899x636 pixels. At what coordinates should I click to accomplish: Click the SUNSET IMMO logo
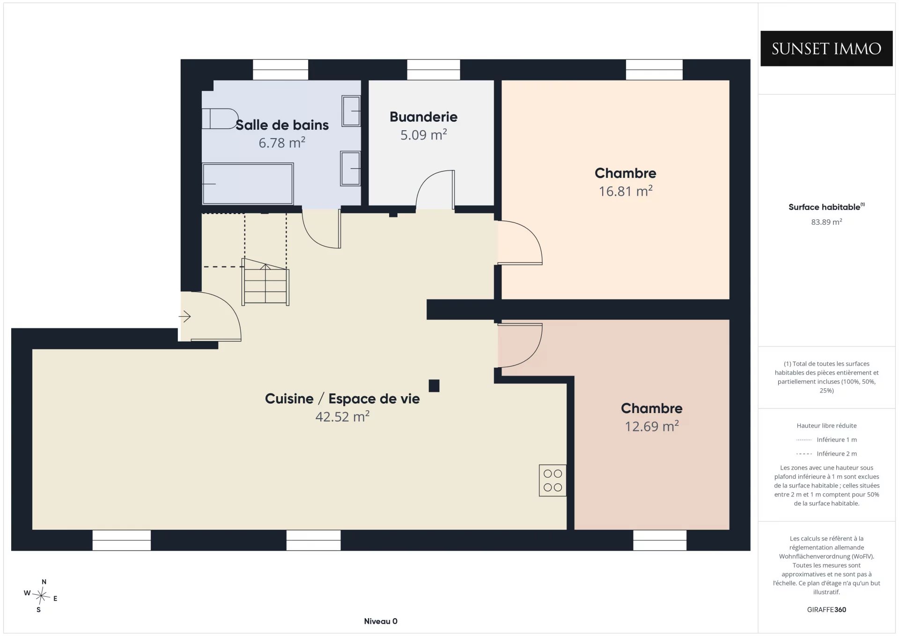826,48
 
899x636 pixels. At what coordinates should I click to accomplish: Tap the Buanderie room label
423,117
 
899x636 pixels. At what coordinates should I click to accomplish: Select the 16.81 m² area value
626,191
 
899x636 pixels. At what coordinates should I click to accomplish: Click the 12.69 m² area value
652,426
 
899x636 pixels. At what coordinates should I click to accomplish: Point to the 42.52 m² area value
342,416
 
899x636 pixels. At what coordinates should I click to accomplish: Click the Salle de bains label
282,125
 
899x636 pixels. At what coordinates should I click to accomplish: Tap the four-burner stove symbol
553,481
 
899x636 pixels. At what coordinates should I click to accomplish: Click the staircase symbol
265,282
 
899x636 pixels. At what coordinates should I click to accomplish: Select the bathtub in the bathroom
248,184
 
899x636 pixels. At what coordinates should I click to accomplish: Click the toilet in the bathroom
220,118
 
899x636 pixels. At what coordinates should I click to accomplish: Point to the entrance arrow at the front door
184,317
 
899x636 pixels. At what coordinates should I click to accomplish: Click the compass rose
41,596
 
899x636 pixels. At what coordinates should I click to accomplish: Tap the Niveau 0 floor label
381,621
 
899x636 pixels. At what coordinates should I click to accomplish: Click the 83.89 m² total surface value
826,222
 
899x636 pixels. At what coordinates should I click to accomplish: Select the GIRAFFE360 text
826,609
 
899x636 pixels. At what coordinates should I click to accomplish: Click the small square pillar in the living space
434,385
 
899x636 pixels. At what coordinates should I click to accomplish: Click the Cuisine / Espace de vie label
342,399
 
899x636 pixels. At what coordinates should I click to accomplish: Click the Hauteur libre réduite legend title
826,425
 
